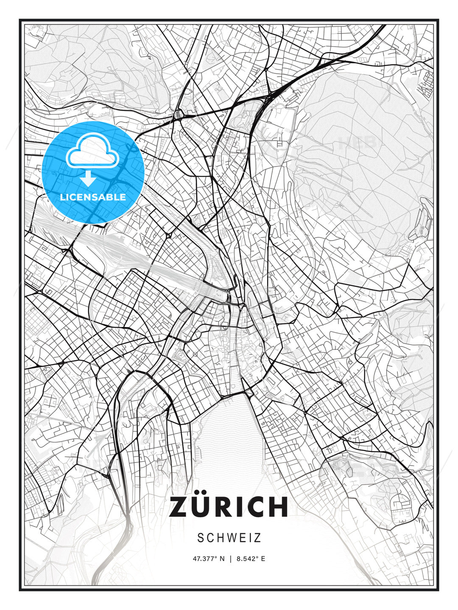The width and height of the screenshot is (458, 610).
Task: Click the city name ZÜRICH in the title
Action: pos(229,507)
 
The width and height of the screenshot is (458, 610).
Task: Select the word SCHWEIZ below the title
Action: pos(229,538)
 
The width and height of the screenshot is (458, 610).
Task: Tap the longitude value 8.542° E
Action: pos(251,559)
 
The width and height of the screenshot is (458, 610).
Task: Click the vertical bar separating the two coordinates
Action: pos(230,559)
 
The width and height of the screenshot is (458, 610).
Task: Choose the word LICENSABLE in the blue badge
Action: pos(93,197)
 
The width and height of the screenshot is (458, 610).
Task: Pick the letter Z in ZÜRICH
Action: pos(180,507)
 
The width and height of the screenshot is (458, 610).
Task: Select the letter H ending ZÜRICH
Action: pos(278,507)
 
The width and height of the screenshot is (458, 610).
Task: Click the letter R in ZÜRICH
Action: pos(228,507)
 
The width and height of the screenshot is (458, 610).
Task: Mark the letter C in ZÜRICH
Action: pos(254,507)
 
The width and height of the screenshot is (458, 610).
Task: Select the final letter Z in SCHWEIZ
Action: pos(257,538)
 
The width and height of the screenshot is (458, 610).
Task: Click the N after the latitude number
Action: pos(221,559)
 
